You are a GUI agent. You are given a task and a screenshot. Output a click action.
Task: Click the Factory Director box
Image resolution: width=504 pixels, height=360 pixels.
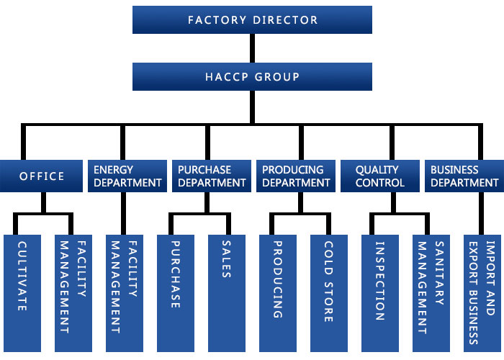252,19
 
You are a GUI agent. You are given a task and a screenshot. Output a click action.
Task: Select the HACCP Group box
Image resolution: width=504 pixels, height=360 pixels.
252,76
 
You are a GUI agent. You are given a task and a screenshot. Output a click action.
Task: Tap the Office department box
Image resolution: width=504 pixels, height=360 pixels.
41,176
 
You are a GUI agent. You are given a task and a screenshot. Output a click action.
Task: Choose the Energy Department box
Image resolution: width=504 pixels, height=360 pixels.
127,176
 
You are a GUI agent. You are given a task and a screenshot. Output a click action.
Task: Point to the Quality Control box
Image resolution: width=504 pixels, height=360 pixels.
379,176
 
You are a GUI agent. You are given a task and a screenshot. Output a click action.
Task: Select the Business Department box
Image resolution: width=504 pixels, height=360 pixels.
464,176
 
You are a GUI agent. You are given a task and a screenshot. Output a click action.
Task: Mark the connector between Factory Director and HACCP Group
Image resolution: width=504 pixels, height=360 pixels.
252,48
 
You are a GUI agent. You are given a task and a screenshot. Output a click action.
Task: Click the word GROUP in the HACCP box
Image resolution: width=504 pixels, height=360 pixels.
277,76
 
